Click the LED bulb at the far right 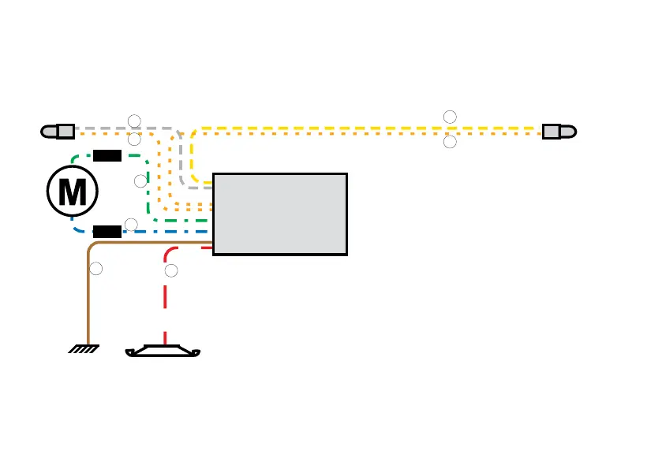pos(558,131)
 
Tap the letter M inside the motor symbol pos(73,191)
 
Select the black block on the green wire pos(107,154)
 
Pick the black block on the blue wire pos(107,231)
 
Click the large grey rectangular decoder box pos(280,214)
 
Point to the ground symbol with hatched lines pos(83,348)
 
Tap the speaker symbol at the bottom pos(164,352)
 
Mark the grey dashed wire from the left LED pos(103,127)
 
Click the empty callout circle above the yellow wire pos(450,117)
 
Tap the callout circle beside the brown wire pos(96,270)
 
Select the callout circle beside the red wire pos(172,271)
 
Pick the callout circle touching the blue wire pos(132,225)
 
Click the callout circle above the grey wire pos(134,120)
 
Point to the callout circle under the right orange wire pos(450,143)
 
